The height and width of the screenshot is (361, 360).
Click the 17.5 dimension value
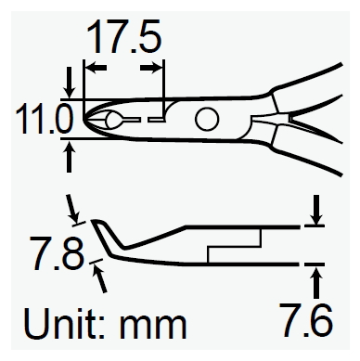[124, 36]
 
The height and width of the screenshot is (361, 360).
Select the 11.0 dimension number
[45, 119]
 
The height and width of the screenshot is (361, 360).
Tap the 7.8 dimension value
[57, 252]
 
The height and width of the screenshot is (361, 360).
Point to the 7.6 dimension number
[306, 320]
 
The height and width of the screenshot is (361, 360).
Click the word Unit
[64, 323]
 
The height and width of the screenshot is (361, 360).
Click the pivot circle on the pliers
[207, 119]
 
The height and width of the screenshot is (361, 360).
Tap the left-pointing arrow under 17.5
[96, 68]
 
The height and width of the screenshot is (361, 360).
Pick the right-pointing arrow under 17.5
[151, 68]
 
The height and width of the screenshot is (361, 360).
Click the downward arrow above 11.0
[69, 83]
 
